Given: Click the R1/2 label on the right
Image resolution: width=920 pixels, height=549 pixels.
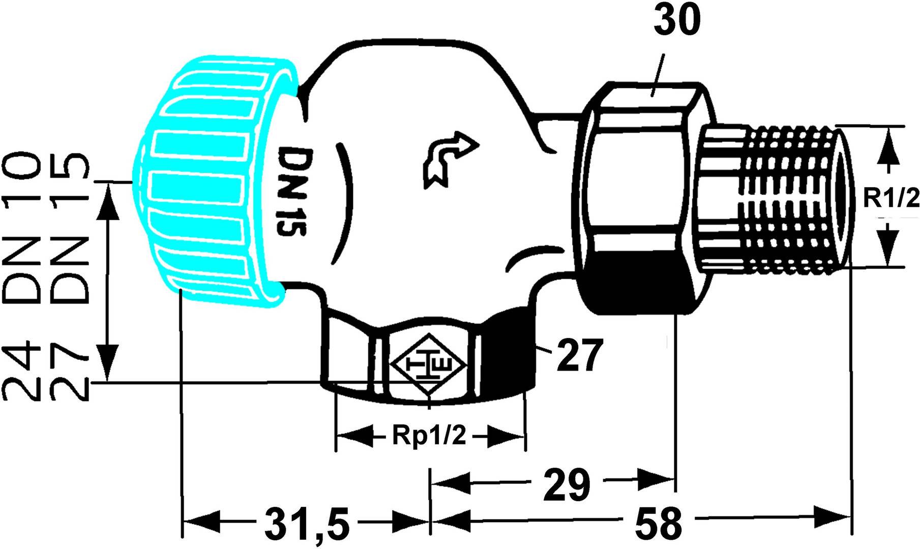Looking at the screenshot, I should [x=891, y=199].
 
